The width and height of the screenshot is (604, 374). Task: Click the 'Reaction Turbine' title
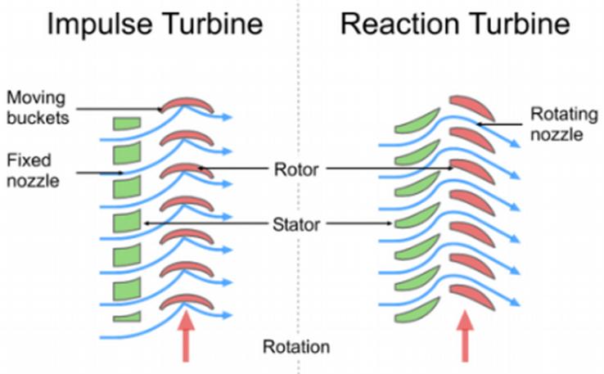pyautogui.click(x=455, y=24)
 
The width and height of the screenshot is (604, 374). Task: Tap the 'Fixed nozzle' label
pyautogui.click(x=32, y=169)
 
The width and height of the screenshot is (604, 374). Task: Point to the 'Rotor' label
pyautogui.click(x=295, y=169)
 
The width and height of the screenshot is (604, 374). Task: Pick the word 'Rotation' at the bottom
pyautogui.click(x=295, y=346)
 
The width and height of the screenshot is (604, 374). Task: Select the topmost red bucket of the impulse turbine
pyautogui.click(x=187, y=105)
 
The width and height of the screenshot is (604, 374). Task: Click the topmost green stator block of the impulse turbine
pyautogui.click(x=127, y=124)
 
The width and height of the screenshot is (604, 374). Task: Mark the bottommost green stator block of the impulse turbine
pyautogui.click(x=127, y=317)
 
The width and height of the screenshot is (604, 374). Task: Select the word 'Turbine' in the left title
pyautogui.click(x=209, y=24)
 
